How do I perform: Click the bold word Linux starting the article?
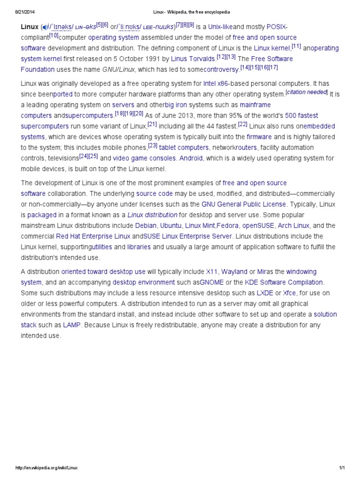click(30, 27)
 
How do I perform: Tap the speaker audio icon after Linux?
click(45, 27)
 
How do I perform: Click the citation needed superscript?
click(307, 92)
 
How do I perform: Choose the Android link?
click(191, 158)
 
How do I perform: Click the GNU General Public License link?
click(243, 204)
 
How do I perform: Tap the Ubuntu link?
click(171, 225)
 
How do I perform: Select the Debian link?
click(145, 225)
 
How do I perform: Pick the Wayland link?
click(234, 272)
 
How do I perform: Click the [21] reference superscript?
click(152, 124)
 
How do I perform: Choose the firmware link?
click(259, 137)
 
